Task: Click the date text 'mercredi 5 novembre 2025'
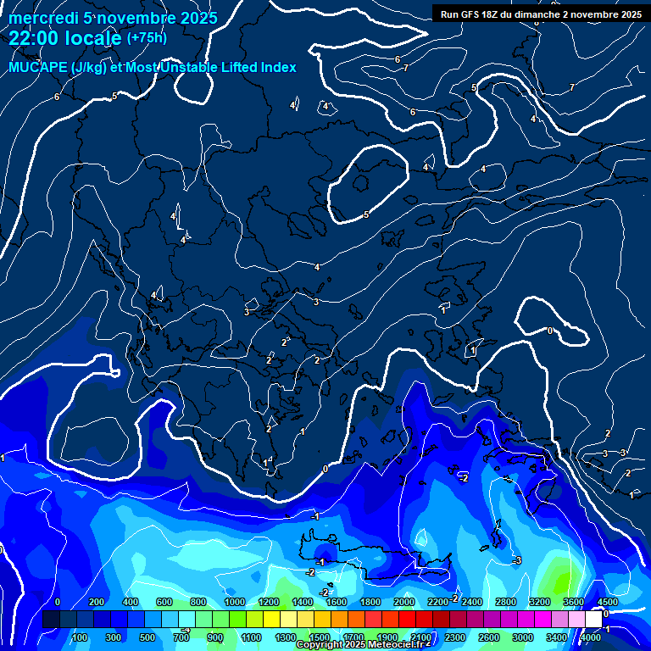coord(113,18)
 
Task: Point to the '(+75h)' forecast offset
coord(147,38)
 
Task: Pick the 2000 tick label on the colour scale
coord(403,602)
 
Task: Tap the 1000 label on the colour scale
coord(234,602)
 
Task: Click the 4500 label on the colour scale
coord(607,602)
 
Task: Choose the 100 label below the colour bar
coord(81,637)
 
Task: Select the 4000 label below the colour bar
coord(591,637)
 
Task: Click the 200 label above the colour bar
coord(97,602)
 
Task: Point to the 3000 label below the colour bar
coord(523,637)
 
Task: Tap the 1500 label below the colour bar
coord(320,637)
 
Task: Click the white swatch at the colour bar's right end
coord(593,620)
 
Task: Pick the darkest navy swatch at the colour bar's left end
coord(50,620)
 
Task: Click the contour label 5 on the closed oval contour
coord(366,214)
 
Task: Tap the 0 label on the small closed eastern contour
coord(550,331)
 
